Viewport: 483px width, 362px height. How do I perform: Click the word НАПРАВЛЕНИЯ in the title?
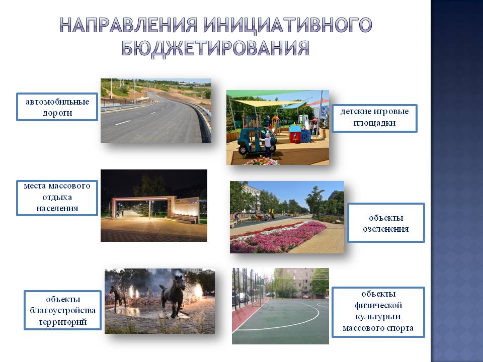(128, 25)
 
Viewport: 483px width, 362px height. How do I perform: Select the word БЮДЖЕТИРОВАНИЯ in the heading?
(215, 48)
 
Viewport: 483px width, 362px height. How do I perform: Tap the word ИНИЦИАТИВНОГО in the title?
(288, 25)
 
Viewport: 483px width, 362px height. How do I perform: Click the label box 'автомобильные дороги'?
(57, 107)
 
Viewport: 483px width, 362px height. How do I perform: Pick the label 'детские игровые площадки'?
(374, 119)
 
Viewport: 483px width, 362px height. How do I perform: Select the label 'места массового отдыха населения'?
(57, 198)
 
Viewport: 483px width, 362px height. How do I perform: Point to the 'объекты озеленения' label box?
(386, 223)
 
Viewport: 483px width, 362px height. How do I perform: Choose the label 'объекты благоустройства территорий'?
(62, 310)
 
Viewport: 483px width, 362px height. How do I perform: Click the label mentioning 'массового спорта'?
(378, 312)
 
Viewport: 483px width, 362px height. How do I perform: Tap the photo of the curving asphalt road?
(156, 111)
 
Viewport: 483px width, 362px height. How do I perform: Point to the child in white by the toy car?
(267, 144)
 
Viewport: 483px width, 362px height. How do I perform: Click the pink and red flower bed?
(277, 236)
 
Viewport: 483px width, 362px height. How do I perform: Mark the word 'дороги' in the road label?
(57, 113)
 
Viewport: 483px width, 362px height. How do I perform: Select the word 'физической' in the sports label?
(378, 305)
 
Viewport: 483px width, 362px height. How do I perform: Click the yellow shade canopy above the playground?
(265, 103)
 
